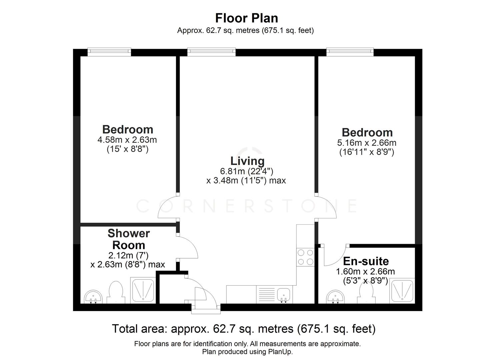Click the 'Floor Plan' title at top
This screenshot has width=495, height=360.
(246, 18)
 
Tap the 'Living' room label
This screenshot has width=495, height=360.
(247, 161)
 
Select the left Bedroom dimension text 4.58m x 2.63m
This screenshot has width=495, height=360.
(127, 140)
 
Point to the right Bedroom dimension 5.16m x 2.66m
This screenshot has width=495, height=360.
(367, 143)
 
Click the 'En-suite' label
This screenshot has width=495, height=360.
(366, 261)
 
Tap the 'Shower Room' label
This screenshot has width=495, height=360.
(129, 239)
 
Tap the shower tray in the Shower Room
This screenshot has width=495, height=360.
(143, 290)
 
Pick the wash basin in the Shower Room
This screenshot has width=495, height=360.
(93, 296)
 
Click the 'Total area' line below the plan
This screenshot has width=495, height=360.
(244, 329)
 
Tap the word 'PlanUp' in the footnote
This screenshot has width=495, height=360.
(281, 352)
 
